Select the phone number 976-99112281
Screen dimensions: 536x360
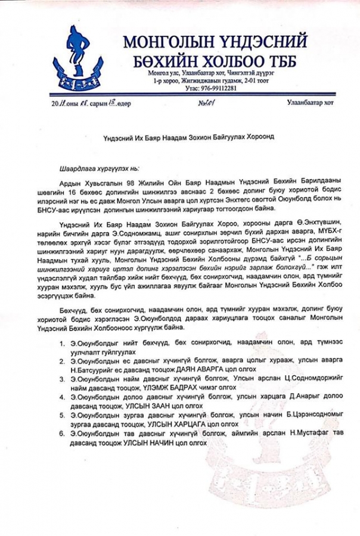[x=211, y=88]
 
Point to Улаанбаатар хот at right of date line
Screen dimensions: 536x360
[x=310, y=102]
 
